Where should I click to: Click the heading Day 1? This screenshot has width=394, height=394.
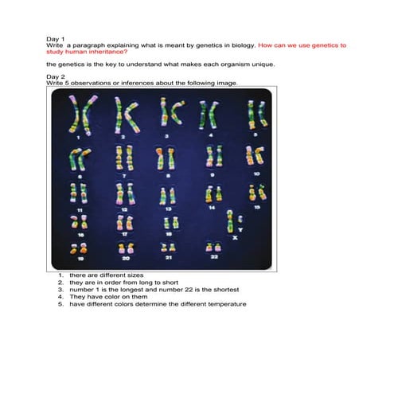tap(55, 39)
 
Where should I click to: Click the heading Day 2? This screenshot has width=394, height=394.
tap(56, 76)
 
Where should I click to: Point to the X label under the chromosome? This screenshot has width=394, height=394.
tap(235, 238)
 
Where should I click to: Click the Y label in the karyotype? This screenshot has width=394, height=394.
tap(240, 230)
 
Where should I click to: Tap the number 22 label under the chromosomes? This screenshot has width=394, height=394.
tap(214, 256)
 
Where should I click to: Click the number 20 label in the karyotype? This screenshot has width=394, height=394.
tap(126, 258)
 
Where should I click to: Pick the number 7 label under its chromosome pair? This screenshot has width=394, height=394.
tap(124, 176)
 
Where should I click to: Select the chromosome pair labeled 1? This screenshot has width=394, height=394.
tap(82, 115)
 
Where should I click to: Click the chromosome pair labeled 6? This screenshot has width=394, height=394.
tap(79, 159)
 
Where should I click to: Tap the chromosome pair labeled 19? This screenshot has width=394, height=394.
tap(79, 249)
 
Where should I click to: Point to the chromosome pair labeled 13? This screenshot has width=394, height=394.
tap(167, 196)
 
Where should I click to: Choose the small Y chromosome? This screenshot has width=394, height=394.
tap(240, 219)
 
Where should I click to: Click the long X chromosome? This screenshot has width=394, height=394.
tap(230, 221)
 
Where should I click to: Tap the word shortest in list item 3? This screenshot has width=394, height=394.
tap(226, 290)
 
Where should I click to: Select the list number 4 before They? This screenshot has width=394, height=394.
tap(60, 297)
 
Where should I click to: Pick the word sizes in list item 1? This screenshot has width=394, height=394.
tap(135, 275)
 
